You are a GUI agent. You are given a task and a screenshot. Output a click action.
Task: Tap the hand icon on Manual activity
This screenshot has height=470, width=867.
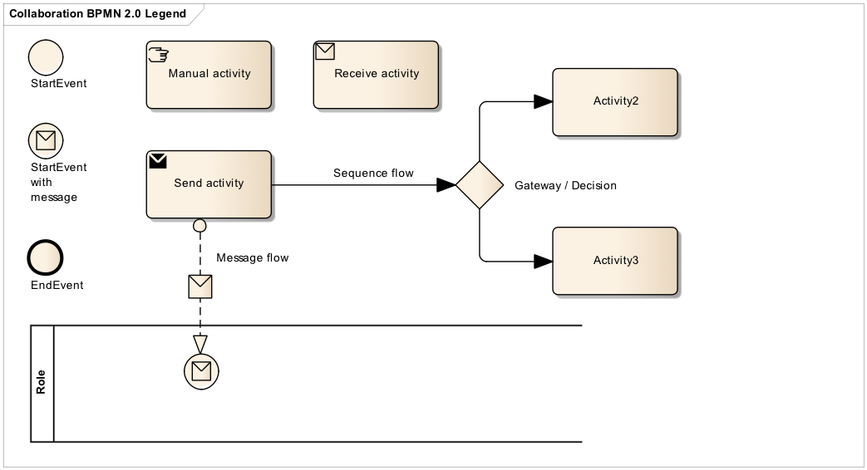point(157,55)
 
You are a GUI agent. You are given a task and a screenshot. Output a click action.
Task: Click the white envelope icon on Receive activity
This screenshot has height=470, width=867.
point(325,52)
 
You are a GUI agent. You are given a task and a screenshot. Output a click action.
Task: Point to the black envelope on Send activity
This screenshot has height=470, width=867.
point(158,161)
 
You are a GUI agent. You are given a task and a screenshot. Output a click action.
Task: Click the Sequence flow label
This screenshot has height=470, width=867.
point(373,174)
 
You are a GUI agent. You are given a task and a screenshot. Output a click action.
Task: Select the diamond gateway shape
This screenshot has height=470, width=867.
point(480,185)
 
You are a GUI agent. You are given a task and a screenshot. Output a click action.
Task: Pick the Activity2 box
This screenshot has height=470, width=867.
point(616,102)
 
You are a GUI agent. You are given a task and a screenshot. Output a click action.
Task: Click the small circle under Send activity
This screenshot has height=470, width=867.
point(200,225)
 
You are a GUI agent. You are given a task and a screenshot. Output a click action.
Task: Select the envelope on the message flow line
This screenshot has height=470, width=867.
point(200,286)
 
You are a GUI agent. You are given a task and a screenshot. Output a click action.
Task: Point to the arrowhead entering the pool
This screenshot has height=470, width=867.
point(200,344)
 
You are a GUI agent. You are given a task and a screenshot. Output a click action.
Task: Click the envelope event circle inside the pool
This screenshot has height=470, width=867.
point(201,370)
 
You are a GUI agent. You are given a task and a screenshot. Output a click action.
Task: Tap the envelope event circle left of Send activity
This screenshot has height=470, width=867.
point(46,140)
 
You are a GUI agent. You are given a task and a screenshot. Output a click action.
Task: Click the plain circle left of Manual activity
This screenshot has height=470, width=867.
point(46,57)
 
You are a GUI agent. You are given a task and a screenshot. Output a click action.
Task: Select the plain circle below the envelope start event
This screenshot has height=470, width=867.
point(46,257)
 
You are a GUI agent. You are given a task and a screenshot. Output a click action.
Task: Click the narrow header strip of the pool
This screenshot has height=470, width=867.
point(42,384)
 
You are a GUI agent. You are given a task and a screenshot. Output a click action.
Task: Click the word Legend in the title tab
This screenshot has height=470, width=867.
point(165,14)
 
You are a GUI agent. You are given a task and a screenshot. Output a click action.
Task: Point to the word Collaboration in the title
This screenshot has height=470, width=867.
point(46,14)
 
